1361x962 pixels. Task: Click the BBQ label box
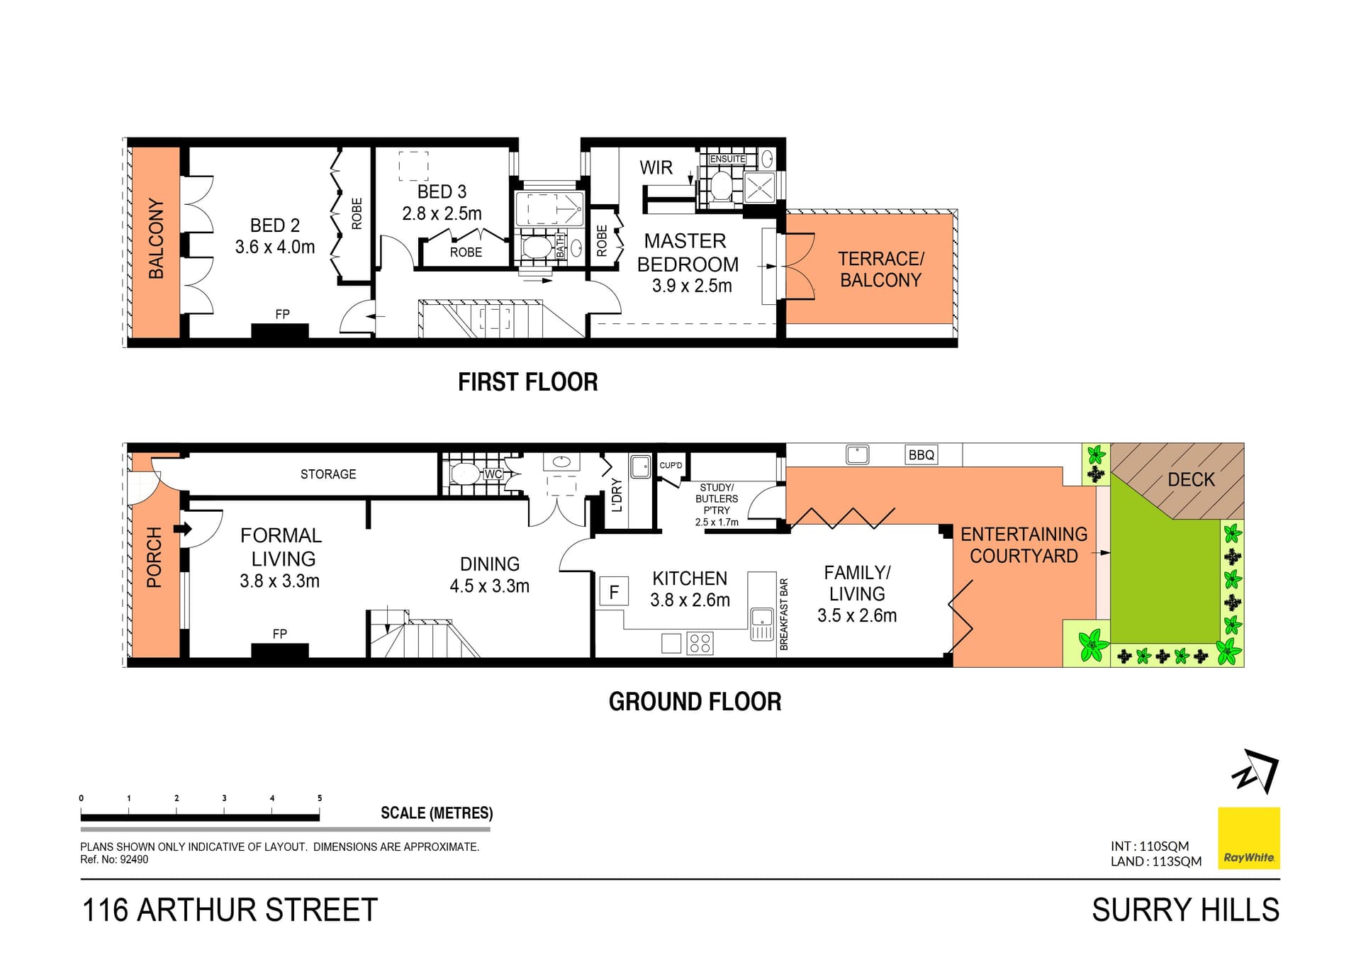click(921, 455)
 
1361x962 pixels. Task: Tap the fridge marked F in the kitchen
click(614, 591)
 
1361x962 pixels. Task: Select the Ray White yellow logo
click(1248, 838)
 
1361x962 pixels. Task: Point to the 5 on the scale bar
click(320, 798)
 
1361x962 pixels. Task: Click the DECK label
click(1191, 480)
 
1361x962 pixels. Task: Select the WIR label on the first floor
click(656, 168)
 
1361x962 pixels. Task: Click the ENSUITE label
click(727, 159)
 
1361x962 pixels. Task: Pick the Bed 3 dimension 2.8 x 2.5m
click(442, 213)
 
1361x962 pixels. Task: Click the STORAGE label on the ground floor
click(328, 474)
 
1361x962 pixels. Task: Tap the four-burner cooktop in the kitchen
click(700, 643)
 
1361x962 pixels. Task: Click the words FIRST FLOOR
click(527, 382)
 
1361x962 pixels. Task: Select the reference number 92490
click(134, 860)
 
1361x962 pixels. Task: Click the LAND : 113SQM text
click(1155, 861)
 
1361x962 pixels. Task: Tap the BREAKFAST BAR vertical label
click(783, 614)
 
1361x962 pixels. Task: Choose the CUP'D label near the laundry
click(671, 466)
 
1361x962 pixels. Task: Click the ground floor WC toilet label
click(493, 474)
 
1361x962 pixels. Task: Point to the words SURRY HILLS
click(1185, 910)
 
